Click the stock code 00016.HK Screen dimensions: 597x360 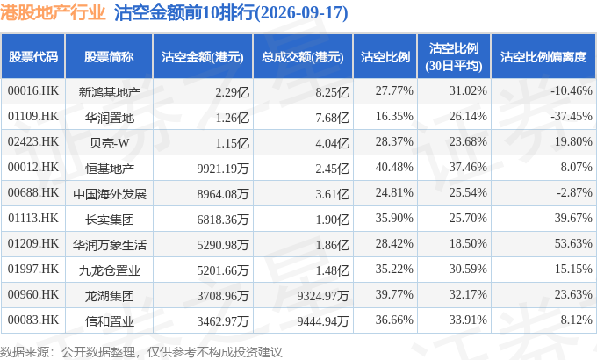[33, 91]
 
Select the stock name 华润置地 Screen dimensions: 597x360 [110, 118]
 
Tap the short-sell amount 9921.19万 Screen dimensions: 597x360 [223, 169]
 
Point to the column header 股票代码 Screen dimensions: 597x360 [33, 57]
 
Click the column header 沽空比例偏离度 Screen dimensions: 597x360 [543, 57]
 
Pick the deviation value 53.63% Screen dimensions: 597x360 [573, 243]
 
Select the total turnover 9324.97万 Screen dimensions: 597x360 [323, 296]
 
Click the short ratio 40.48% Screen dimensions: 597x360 [394, 167]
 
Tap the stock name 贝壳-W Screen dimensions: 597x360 [110, 143]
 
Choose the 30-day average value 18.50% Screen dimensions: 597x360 [468, 243]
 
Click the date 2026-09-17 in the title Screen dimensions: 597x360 [301, 13]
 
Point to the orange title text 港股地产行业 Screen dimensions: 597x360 [53, 12]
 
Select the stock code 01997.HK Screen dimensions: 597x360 [33, 270]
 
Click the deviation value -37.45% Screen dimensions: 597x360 [572, 116]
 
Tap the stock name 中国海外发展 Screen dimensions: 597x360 [110, 194]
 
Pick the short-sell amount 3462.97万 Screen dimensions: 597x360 [223, 321]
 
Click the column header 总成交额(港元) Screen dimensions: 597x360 [303, 57]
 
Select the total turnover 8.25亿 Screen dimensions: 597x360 [332, 92]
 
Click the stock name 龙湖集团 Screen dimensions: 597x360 [110, 296]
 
